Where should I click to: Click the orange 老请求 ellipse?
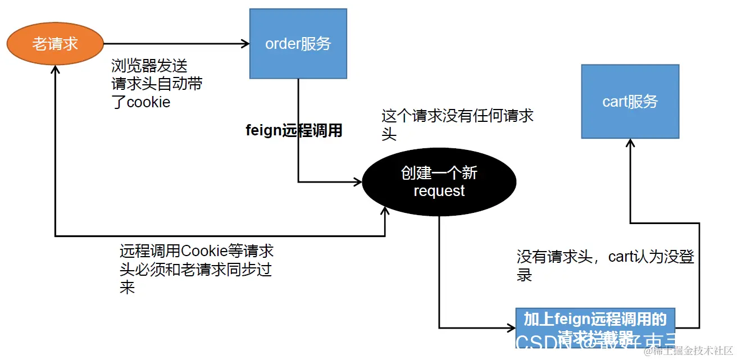click(x=55, y=44)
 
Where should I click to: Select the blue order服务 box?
click(x=298, y=44)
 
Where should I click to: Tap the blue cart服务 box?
click(x=630, y=101)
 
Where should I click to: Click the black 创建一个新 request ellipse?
click(x=439, y=181)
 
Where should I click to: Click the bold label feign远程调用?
click(x=294, y=130)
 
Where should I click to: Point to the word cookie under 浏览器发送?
click(x=148, y=103)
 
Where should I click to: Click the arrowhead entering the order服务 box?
click(x=245, y=44)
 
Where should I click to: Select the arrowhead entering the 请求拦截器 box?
click(x=512, y=327)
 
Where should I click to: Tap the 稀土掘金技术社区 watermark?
click(x=688, y=351)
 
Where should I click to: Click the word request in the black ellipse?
click(x=439, y=191)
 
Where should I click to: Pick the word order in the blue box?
click(x=282, y=44)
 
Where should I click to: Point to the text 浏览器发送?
click(x=143, y=66)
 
